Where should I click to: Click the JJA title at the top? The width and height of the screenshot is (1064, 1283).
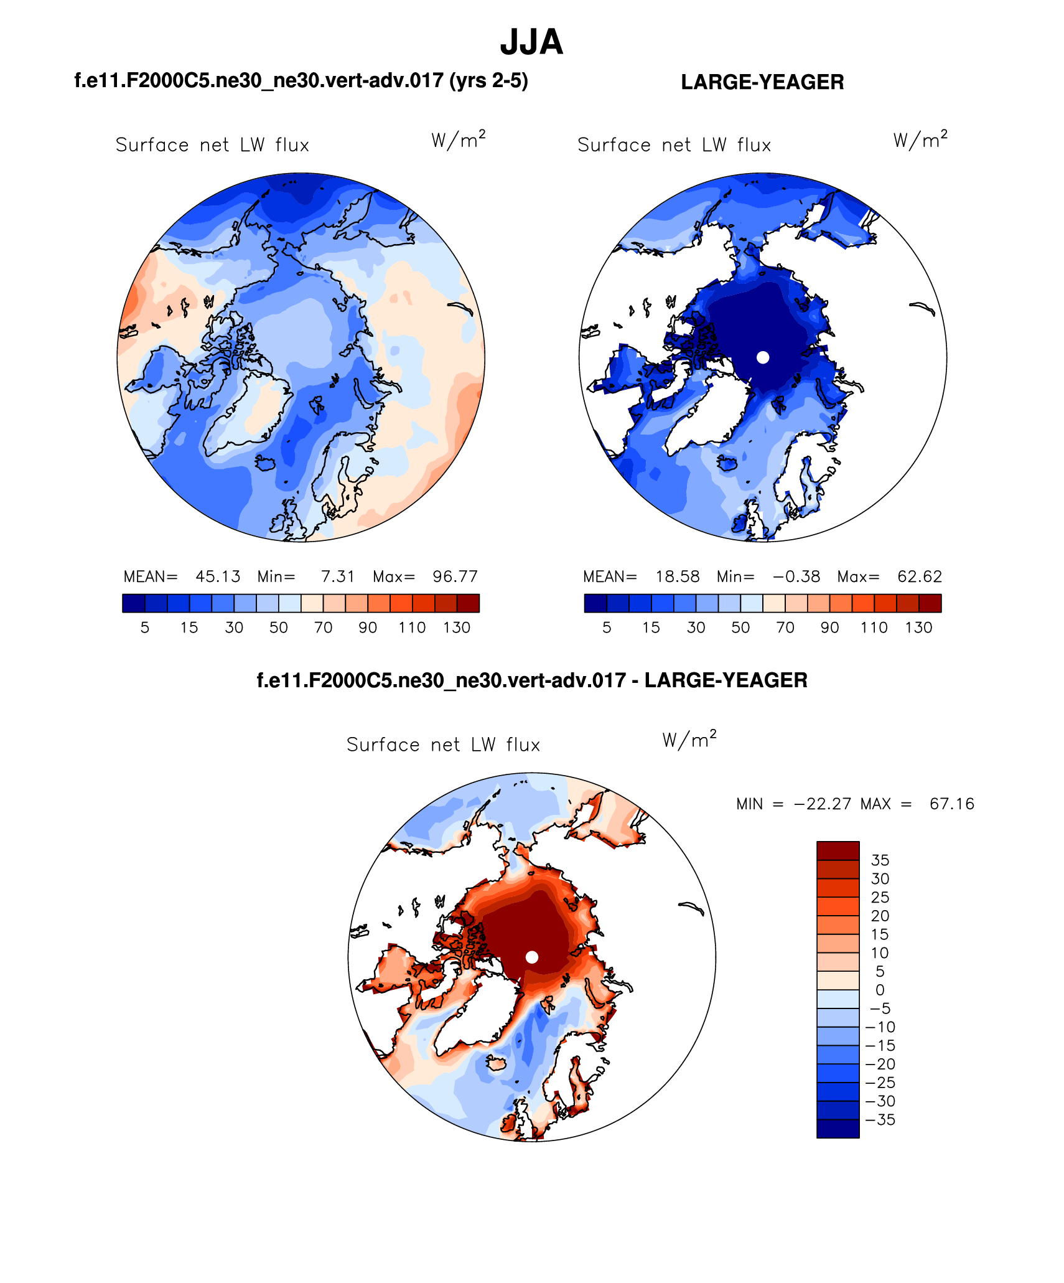click(x=531, y=42)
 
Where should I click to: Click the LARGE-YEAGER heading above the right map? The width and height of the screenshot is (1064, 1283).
click(x=762, y=82)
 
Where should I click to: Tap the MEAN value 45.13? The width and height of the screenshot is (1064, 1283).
click(x=218, y=576)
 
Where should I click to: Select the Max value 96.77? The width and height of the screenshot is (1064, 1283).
click(x=455, y=576)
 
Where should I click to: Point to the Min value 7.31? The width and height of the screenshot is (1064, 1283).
click(x=337, y=576)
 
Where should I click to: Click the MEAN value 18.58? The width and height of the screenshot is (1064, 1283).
click(x=678, y=576)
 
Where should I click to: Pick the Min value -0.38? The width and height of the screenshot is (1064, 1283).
click(x=796, y=576)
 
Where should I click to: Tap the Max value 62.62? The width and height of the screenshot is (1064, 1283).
click(x=920, y=576)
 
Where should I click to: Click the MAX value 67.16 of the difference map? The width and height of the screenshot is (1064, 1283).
click(x=951, y=804)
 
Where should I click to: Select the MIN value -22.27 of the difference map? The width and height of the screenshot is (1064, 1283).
click(x=822, y=804)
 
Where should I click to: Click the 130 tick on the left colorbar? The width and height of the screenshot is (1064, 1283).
click(x=457, y=627)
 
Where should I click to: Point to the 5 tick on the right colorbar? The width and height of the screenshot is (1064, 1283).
click(x=607, y=627)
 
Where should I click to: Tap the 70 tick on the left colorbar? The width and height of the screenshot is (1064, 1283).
click(x=323, y=627)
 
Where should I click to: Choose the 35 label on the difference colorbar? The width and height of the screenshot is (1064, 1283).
click(x=880, y=860)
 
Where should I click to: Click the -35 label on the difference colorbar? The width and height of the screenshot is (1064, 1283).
click(x=880, y=1119)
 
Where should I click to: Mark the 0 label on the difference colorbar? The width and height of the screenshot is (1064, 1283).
click(x=880, y=990)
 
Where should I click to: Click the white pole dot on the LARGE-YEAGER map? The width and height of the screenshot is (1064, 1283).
click(x=763, y=357)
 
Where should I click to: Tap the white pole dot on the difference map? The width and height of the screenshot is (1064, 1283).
click(x=532, y=957)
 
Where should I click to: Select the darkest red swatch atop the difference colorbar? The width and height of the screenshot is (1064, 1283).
click(x=838, y=851)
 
